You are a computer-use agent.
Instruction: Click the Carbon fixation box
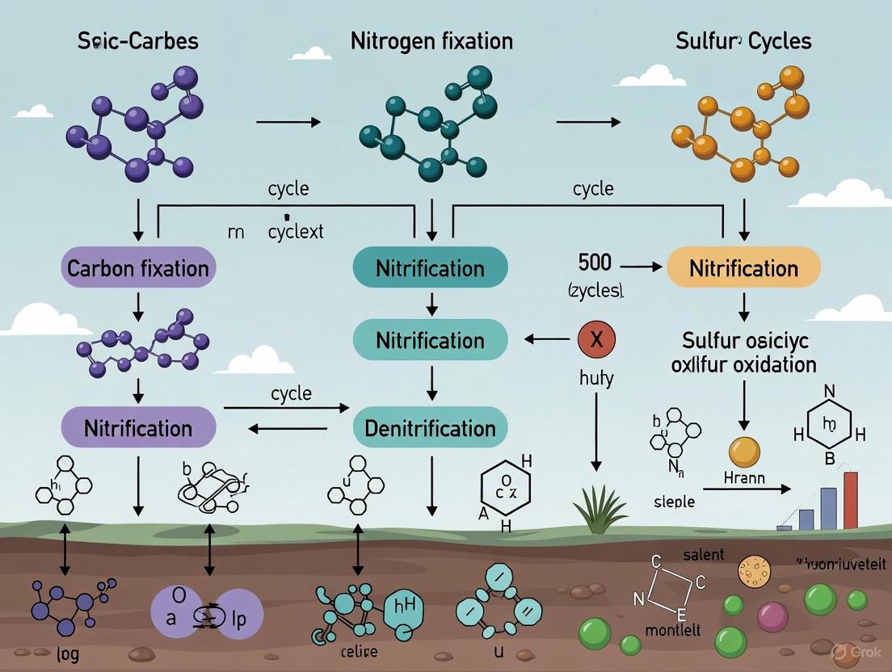click(138, 267)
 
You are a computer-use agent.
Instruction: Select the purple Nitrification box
click(138, 427)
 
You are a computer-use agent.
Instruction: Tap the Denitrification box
click(430, 427)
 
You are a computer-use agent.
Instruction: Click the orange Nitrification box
click(743, 267)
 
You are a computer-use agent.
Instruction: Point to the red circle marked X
click(597, 340)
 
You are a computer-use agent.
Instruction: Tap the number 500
click(595, 262)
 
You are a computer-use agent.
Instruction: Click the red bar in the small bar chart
click(850, 501)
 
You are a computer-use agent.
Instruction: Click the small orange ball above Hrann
click(744, 451)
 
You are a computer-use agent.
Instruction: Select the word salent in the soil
click(703, 555)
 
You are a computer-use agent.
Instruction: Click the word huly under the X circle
click(597, 379)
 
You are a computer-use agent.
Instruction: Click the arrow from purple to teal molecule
click(288, 122)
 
